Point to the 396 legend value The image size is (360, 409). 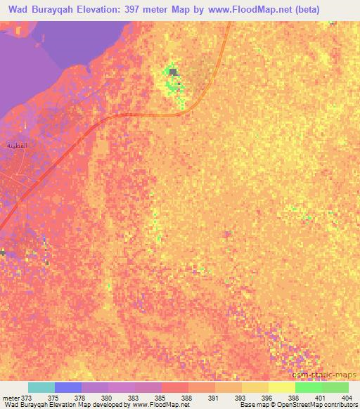click(x=257, y=397)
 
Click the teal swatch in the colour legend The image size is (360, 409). click(x=41, y=387)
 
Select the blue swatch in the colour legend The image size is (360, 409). click(x=68, y=387)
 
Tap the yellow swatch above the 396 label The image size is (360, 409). click(x=255, y=387)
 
